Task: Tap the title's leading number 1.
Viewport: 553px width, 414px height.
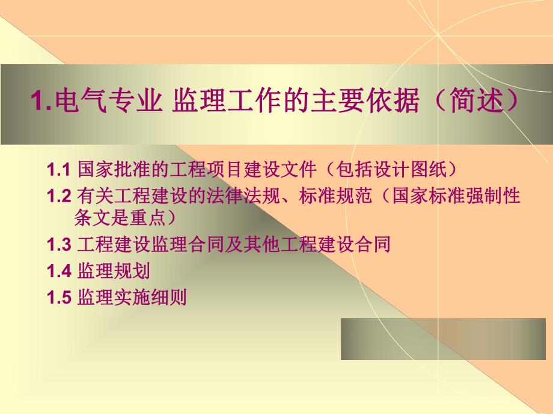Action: click(x=38, y=101)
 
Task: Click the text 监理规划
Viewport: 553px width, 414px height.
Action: click(x=114, y=271)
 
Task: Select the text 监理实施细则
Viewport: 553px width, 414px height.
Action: click(x=132, y=297)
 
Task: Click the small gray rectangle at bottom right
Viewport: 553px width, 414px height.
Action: click(x=444, y=339)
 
